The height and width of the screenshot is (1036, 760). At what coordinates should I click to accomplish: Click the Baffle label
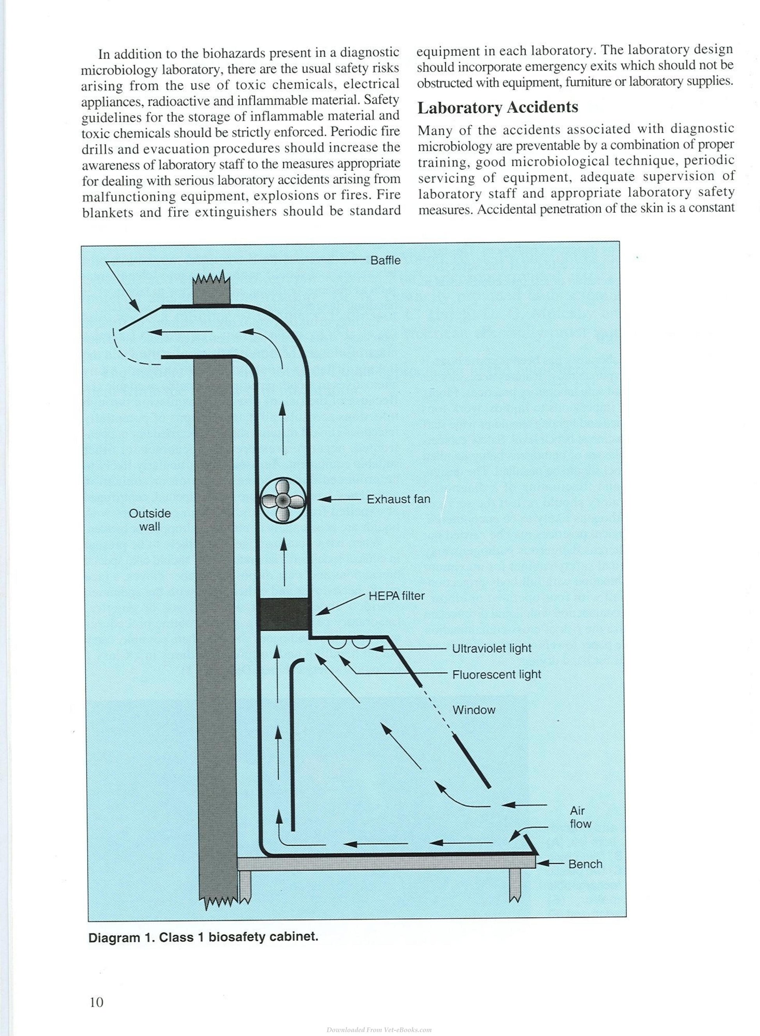385,261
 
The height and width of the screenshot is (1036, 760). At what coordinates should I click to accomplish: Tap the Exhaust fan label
398,499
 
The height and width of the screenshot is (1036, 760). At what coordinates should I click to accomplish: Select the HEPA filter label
396,596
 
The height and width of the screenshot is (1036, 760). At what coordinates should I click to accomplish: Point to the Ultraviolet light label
491,648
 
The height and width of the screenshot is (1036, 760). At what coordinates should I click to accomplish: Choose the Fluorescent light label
496,674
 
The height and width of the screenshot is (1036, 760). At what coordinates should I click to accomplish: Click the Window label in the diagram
474,710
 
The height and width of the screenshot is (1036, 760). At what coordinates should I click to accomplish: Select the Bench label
585,864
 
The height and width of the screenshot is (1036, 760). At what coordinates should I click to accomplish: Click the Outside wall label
150,520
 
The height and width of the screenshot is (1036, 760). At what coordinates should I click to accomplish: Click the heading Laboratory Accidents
498,107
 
